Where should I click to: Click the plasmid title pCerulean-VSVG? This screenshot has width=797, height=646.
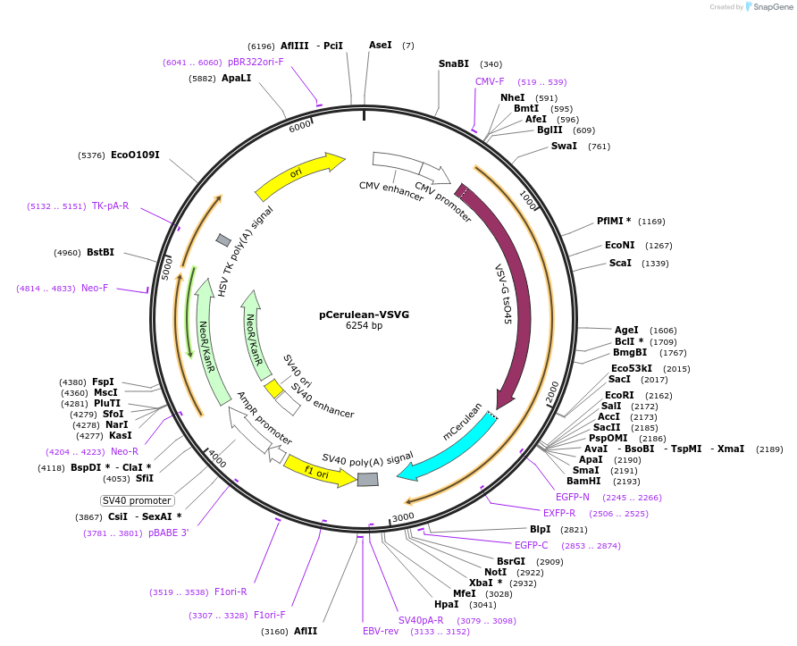[364, 315]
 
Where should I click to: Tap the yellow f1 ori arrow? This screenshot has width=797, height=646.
[308, 470]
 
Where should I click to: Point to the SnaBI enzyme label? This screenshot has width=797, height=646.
[453, 63]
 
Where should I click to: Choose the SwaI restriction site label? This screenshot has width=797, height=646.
[564, 146]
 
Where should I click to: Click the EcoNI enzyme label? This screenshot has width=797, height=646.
[619, 245]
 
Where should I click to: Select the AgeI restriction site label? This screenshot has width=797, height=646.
[626, 330]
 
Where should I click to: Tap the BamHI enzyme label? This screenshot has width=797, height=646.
[583, 481]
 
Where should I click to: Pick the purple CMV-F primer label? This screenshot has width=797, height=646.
[490, 81]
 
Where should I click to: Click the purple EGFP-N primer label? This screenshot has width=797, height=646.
[573, 497]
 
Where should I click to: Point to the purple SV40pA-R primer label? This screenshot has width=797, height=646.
[421, 620]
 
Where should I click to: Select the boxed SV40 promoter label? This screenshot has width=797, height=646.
[137, 500]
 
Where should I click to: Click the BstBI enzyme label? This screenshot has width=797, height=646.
[100, 252]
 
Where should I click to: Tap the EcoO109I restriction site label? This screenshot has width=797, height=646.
[135, 155]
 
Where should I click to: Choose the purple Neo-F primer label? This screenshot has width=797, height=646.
[95, 288]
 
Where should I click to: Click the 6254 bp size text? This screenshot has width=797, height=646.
[364, 326]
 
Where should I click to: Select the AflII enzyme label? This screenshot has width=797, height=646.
[306, 631]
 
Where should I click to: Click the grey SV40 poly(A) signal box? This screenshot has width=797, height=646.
[367, 480]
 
